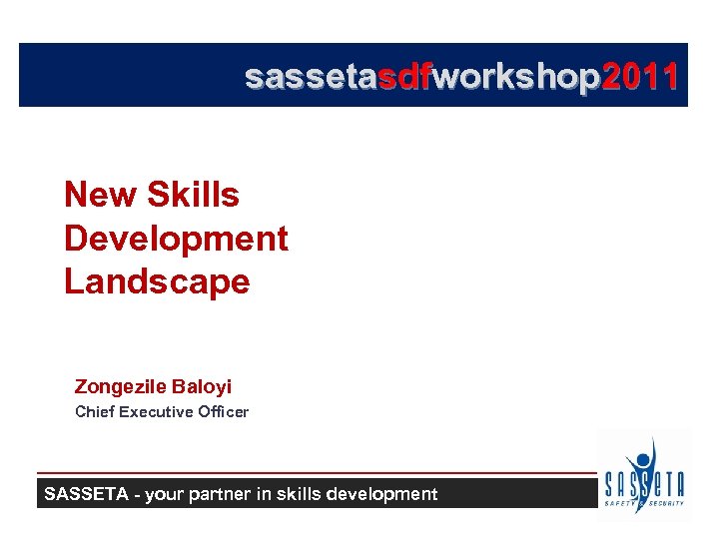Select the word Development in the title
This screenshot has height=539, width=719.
tap(176, 239)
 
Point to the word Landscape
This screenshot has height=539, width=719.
tap(157, 281)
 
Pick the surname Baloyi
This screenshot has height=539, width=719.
tap(202, 386)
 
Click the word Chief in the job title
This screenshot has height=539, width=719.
tap(95, 411)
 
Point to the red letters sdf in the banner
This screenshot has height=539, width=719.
tap(402, 77)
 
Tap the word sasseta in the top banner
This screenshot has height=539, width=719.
tap(311, 77)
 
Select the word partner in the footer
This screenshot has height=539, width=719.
tap(226, 493)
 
